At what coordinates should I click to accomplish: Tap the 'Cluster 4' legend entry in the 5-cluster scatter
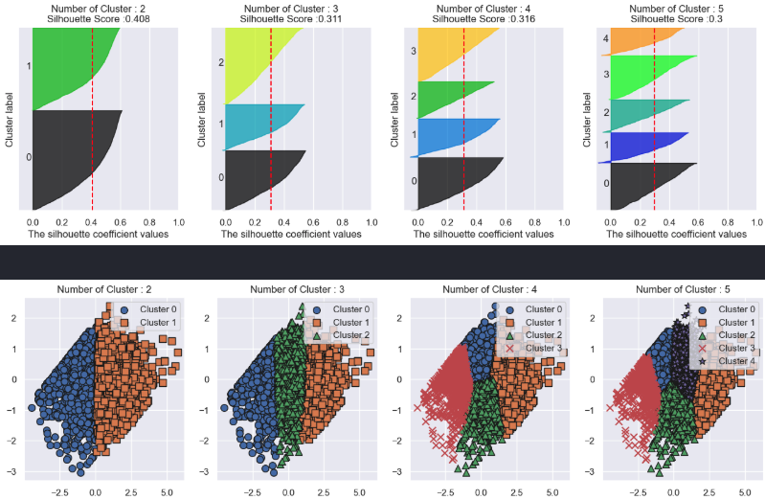coord(731,362)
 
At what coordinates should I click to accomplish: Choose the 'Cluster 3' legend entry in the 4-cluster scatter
coord(540,349)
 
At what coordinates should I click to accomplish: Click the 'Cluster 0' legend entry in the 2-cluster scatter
coord(158,309)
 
